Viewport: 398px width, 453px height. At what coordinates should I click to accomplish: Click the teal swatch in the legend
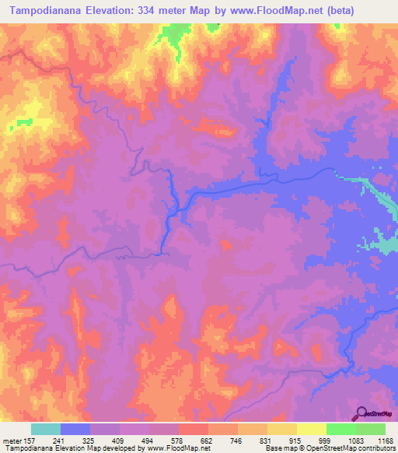coord(46,429)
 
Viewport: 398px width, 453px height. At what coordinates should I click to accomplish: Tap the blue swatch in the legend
coord(75,429)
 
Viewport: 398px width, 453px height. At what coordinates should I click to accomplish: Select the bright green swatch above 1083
coord(341,429)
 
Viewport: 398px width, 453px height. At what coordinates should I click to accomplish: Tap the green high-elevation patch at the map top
coord(175,35)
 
